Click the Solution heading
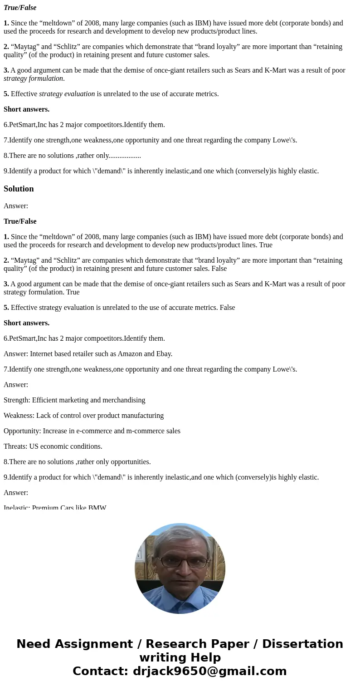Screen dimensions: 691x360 click(19, 189)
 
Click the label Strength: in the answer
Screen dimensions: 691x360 click(17, 400)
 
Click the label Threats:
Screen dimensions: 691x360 click(15, 446)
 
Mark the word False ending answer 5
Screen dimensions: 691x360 click(227, 307)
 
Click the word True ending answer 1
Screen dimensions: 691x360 click(265, 245)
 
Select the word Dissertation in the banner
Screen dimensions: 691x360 click(302, 644)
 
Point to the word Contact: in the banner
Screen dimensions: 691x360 click(100, 671)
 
